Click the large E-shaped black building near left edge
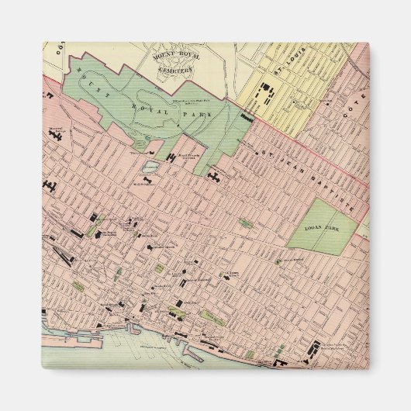click(51, 187)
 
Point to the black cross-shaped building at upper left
click(56, 133)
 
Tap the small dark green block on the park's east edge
click(247, 118)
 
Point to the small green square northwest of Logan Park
click(245, 223)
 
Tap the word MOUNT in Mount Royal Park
click(87, 78)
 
